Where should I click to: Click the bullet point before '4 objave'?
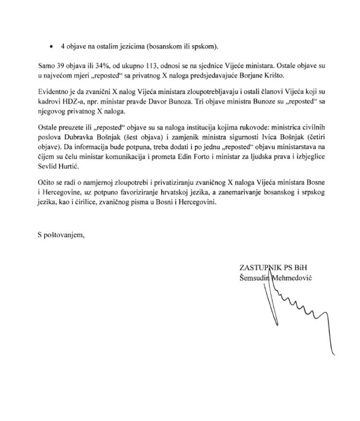pos(51,46)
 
